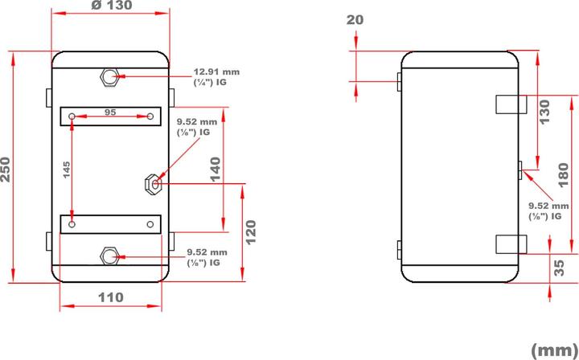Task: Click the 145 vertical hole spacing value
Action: [67, 170]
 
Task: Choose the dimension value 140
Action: [215, 170]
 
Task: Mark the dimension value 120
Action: [250, 232]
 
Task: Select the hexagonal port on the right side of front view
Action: [153, 184]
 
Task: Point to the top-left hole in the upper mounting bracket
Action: [73, 117]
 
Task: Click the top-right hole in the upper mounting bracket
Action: [150, 117]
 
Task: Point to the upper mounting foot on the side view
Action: [510, 104]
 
